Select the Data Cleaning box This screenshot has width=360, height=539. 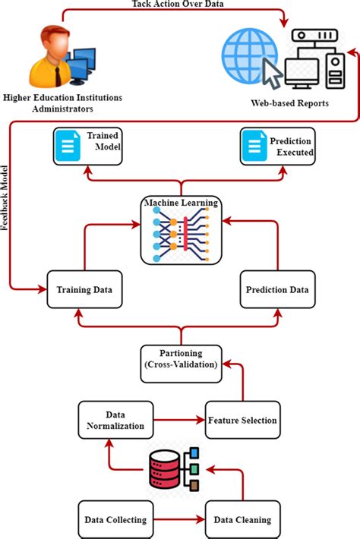[x=241, y=520]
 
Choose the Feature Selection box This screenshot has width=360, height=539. [x=242, y=420]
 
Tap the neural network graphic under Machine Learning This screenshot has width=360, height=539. [x=180, y=232]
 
